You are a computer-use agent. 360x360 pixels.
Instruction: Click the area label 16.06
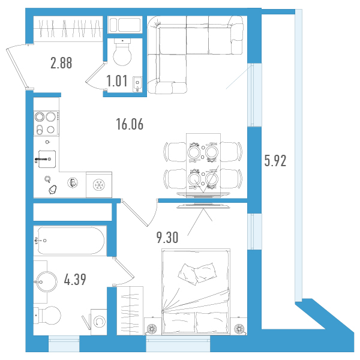tap(130, 124)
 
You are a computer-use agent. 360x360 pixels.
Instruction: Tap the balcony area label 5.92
tap(275, 161)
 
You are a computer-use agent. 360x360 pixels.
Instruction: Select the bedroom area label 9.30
tap(167, 238)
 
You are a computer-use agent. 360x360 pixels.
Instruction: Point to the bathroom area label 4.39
tap(75, 280)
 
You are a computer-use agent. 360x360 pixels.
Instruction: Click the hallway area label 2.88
tap(61, 63)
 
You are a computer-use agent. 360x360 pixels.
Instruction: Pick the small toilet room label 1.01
tap(117, 81)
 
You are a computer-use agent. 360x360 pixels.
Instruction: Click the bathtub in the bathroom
tap(71, 241)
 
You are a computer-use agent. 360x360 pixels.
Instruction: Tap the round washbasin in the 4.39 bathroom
tap(47, 281)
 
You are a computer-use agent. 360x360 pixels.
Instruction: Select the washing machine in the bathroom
tap(99, 322)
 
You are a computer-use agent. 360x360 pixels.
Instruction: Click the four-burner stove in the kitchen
tap(46, 123)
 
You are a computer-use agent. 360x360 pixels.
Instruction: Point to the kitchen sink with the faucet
tap(47, 159)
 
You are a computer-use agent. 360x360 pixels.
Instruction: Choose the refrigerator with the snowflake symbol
tap(99, 185)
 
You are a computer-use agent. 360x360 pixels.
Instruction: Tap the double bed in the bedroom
tap(196, 291)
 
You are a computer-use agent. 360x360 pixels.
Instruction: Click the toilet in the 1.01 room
tap(122, 52)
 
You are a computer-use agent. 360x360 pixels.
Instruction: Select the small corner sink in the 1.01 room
tap(137, 84)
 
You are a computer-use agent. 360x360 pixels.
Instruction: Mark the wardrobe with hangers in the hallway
tap(68, 29)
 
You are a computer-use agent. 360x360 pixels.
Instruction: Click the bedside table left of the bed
tap(152, 326)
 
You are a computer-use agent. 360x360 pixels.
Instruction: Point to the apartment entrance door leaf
tap(17, 67)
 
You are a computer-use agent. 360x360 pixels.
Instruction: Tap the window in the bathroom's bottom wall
tap(64, 344)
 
